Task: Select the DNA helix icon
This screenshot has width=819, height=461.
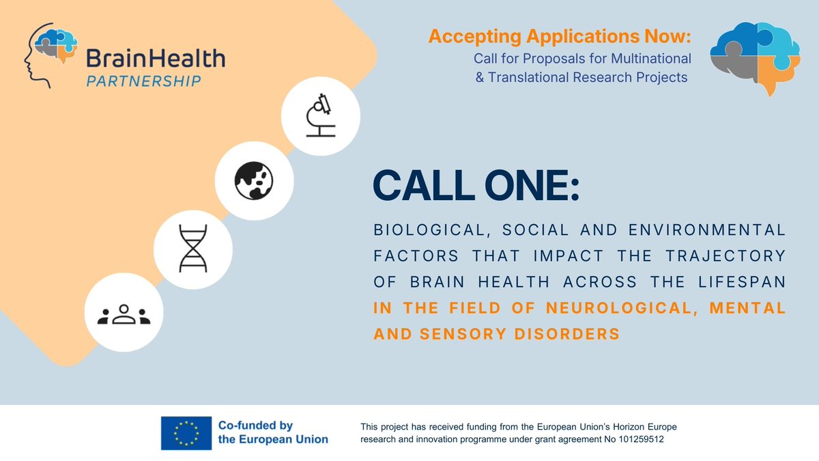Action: point(192,247)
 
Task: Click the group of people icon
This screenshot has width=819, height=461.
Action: point(124,314)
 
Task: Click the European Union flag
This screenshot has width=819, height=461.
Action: point(186,432)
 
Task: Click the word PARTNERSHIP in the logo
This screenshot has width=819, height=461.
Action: point(143,81)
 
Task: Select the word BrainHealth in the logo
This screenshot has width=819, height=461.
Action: point(155,58)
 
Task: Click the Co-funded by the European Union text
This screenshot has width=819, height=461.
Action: point(273,432)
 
